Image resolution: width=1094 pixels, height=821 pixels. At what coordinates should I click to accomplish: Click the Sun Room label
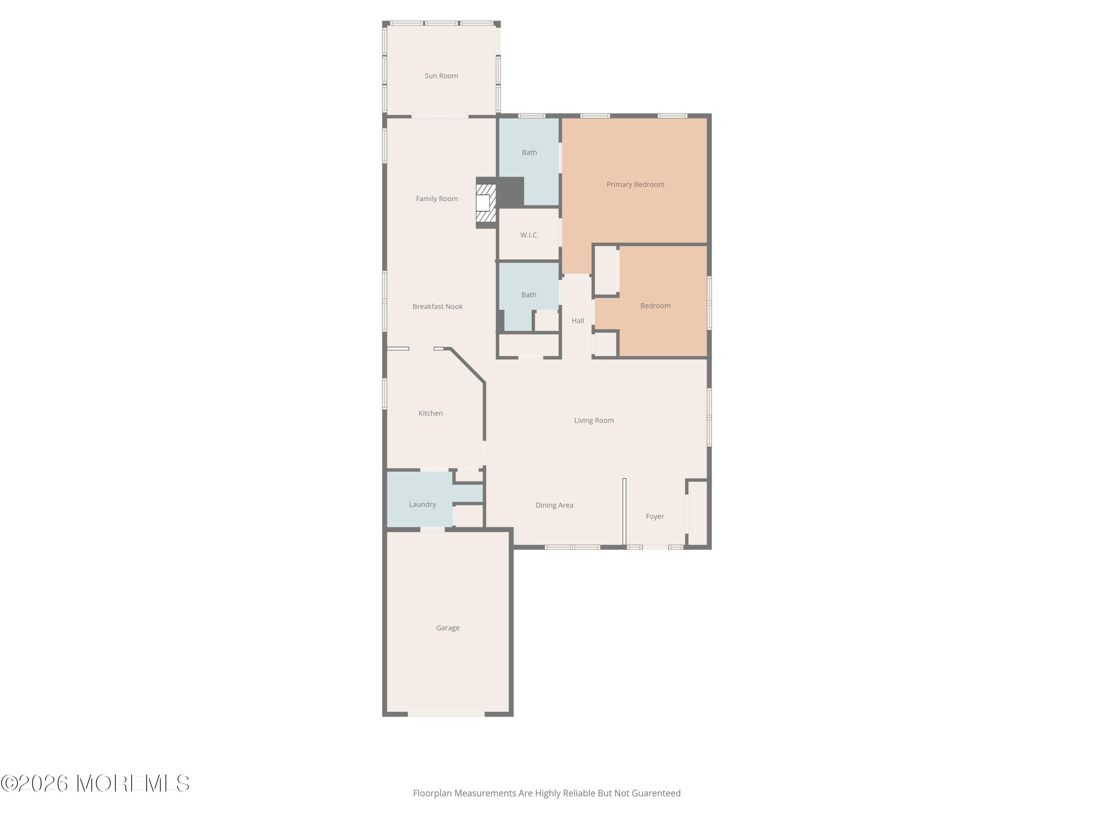click(441, 76)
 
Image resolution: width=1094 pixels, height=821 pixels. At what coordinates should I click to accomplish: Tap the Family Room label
click(437, 198)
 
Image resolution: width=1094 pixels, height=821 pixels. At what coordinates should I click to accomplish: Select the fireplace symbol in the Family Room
click(486, 203)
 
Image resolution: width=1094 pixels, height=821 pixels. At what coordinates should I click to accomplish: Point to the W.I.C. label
click(529, 235)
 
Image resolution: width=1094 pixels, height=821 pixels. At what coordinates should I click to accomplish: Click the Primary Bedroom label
click(635, 185)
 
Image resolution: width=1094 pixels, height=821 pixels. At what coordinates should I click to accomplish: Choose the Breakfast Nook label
click(437, 307)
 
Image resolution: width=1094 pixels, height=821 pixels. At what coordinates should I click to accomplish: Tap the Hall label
click(578, 321)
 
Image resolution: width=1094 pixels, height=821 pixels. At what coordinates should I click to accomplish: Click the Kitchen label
click(430, 413)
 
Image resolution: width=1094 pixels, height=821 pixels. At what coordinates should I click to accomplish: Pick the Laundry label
click(422, 504)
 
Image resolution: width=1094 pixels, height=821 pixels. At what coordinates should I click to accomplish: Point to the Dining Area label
click(554, 505)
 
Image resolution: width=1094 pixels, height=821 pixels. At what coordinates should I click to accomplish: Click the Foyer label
click(655, 517)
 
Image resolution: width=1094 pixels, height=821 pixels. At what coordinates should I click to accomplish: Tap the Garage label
click(447, 628)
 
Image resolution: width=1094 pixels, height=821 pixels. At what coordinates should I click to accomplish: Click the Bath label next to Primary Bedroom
click(529, 153)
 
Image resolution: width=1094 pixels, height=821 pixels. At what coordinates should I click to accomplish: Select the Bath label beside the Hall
click(529, 295)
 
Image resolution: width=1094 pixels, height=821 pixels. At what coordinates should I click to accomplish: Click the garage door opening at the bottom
click(446, 714)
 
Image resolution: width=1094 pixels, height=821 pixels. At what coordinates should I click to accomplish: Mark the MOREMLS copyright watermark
click(95, 783)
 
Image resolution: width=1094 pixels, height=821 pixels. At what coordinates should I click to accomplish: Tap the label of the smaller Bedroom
click(655, 306)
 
